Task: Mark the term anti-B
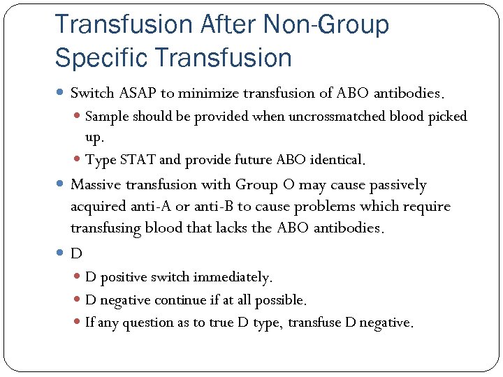[210, 207]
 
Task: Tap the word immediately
[233, 278]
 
